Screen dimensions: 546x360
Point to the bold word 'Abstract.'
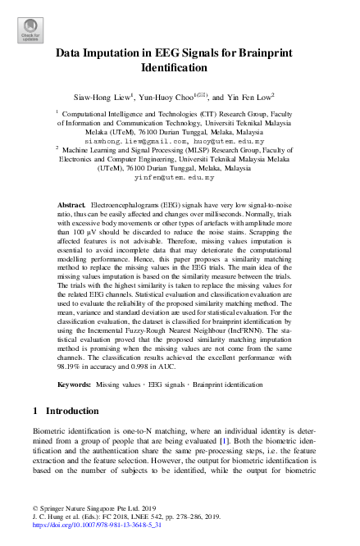pyautogui.click(x=73, y=202)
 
